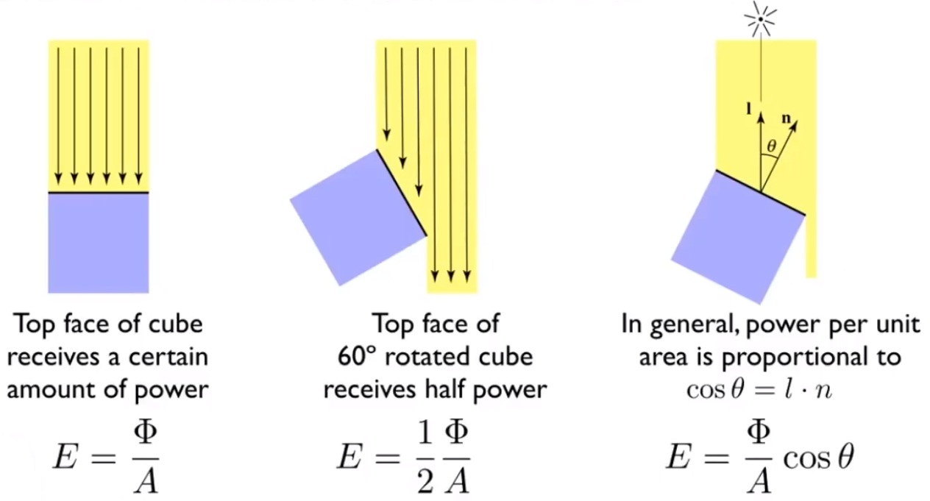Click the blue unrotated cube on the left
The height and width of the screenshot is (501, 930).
(99, 243)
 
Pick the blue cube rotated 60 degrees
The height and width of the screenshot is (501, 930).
(358, 217)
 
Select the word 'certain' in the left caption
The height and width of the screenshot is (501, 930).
(171, 357)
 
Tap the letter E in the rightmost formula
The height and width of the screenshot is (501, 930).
(680, 457)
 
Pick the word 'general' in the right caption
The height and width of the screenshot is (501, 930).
(701, 325)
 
